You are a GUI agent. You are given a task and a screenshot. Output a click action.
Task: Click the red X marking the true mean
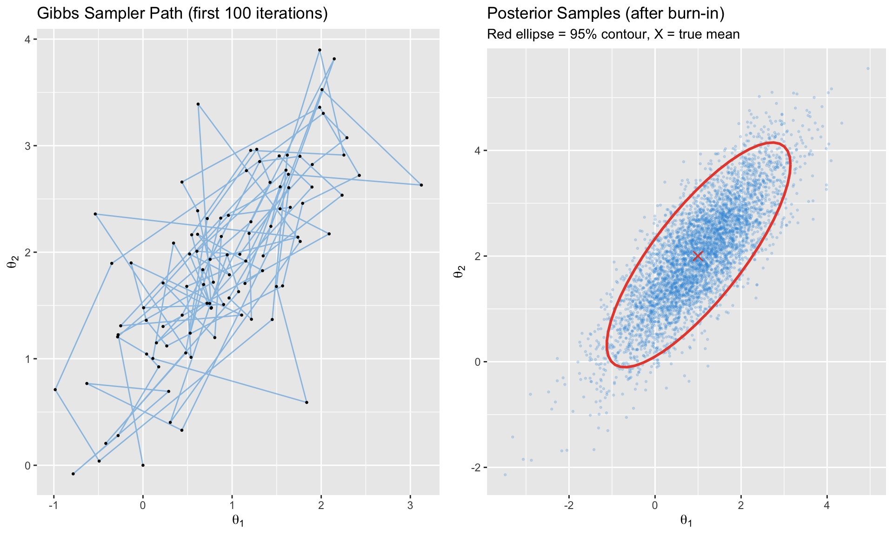pos(698,256)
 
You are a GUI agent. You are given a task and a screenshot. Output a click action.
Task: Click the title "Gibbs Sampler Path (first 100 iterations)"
pos(182,13)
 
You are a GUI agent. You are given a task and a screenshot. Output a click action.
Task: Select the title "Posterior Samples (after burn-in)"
pos(606,13)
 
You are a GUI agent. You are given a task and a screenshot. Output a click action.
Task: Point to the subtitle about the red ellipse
pos(613,34)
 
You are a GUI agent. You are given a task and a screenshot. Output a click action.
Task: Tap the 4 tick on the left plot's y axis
pos(27,40)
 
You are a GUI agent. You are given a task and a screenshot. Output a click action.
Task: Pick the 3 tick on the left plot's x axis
pos(410,506)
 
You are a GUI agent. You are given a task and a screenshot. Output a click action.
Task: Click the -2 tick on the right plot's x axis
pos(568,506)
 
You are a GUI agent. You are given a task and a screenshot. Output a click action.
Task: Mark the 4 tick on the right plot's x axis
pos(827,506)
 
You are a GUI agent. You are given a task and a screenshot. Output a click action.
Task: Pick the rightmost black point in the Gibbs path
pos(421,185)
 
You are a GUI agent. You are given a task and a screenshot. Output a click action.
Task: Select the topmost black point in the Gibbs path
pos(320,50)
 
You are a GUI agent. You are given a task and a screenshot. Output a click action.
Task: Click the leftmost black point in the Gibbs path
pos(55,389)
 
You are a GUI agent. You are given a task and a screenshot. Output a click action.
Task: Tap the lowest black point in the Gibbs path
pos(73,474)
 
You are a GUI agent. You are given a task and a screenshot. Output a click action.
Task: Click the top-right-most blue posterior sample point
pos(868,68)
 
